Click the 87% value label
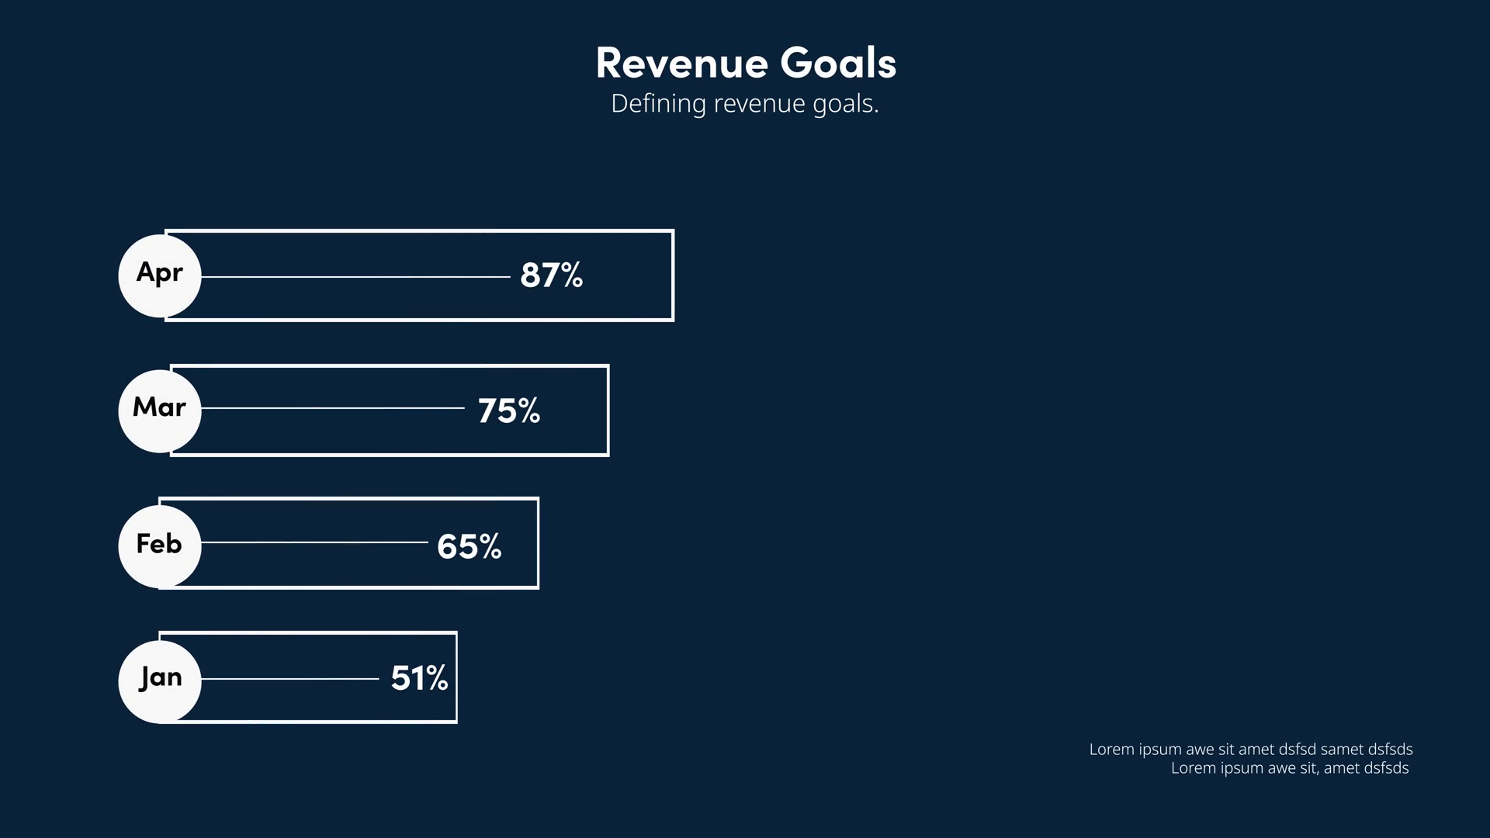click(551, 275)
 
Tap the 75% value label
click(508, 411)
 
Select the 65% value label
click(469, 546)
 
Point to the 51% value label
click(419, 678)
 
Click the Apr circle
click(160, 275)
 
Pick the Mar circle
click(160, 410)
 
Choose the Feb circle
click(160, 545)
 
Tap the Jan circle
click(160, 681)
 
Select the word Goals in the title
click(838, 64)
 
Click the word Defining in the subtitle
click(658, 104)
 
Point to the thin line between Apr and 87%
click(355, 276)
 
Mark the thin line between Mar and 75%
click(332, 408)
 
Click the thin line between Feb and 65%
click(314, 542)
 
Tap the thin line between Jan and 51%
click(289, 679)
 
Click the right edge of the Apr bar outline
click(672, 275)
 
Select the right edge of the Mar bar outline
click(608, 410)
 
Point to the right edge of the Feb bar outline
click(537, 543)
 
